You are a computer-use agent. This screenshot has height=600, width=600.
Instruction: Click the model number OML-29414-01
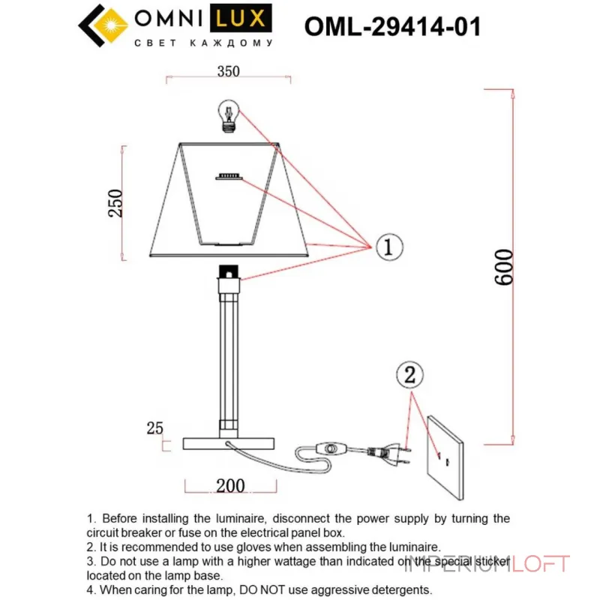[x=392, y=27]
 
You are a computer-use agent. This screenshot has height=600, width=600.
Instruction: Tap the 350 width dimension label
[x=228, y=72]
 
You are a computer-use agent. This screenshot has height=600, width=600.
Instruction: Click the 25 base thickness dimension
[x=154, y=429]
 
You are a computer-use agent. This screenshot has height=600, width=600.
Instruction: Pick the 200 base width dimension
[x=230, y=486]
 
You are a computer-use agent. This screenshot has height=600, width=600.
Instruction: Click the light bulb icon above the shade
[x=228, y=115]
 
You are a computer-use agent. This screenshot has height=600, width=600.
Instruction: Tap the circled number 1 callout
[x=387, y=246]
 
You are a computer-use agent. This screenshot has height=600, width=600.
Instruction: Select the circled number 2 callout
[x=409, y=376]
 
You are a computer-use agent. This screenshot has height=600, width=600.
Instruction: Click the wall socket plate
[x=445, y=455]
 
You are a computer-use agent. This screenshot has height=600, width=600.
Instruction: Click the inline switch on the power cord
[x=330, y=449]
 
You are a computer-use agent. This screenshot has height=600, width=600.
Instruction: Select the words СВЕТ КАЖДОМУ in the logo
[x=202, y=43]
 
